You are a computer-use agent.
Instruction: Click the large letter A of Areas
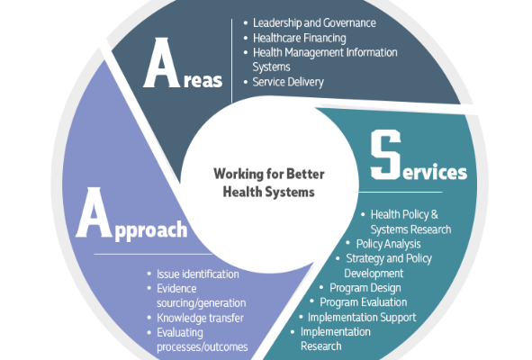pyautogui.click(x=161, y=63)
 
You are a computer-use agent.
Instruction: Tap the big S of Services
pyautogui.click(x=386, y=155)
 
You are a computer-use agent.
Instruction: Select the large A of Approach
pyautogui.click(x=94, y=212)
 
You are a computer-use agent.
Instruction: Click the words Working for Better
pyautogui.click(x=269, y=174)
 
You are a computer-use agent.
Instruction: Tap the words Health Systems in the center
pyautogui.click(x=269, y=192)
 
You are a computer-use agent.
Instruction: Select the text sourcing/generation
pyautogui.click(x=202, y=303)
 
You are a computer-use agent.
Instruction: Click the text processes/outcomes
pyautogui.click(x=203, y=347)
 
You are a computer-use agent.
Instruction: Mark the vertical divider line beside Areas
pyautogui.click(x=231, y=60)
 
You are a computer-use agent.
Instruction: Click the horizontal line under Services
pyautogui.click(x=401, y=192)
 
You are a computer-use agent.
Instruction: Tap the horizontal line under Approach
pyautogui.click(x=153, y=254)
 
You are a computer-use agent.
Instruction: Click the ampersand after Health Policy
pyautogui.click(x=434, y=214)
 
